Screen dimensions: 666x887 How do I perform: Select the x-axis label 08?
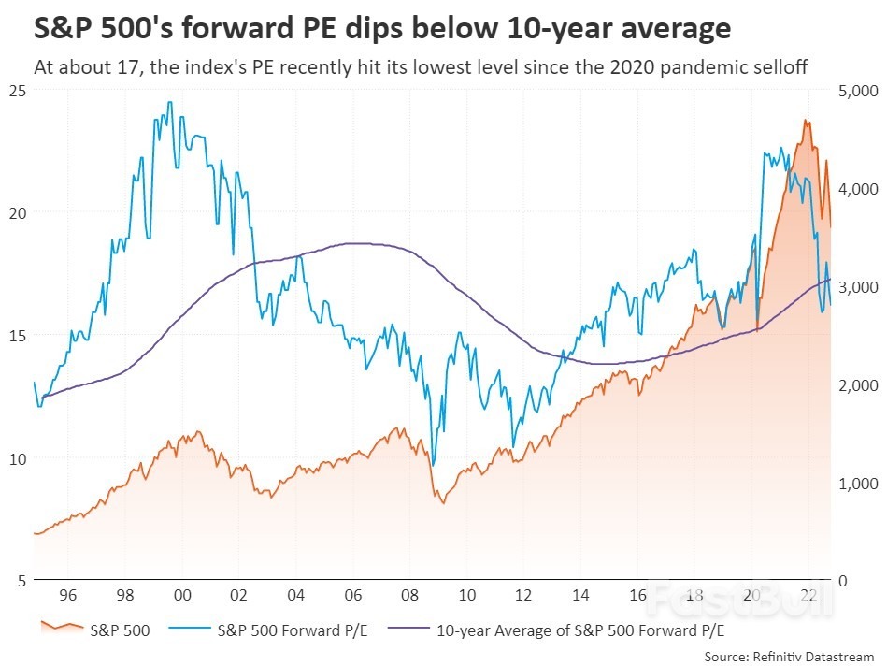[410, 595]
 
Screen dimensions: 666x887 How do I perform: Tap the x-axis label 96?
[69, 595]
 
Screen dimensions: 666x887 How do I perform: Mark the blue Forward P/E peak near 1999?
[169, 102]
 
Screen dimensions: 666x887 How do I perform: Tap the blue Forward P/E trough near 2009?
[432, 464]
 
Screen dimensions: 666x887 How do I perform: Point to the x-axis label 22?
[809, 595]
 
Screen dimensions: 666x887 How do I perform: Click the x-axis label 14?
[581, 595]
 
